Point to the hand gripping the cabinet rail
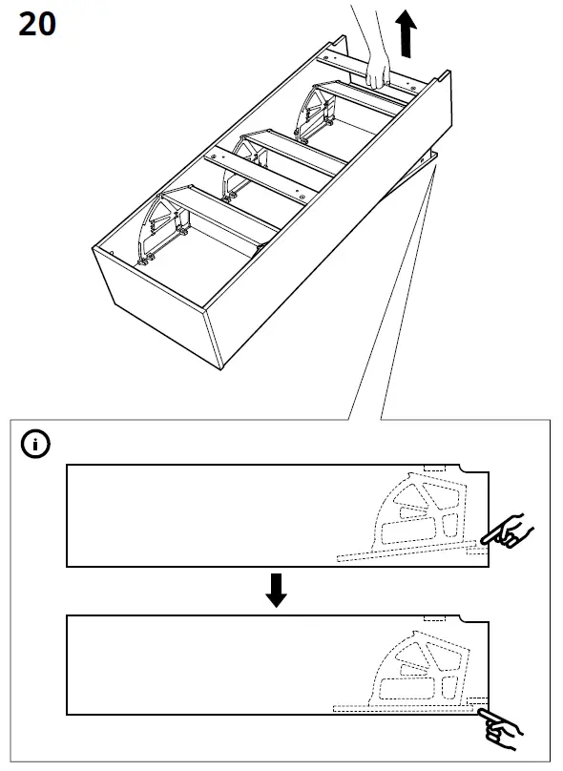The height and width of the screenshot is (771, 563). click(379, 73)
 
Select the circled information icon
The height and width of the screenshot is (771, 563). click(37, 444)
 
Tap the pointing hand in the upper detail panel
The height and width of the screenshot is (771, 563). click(509, 531)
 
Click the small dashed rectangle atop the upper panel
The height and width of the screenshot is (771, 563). click(435, 469)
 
